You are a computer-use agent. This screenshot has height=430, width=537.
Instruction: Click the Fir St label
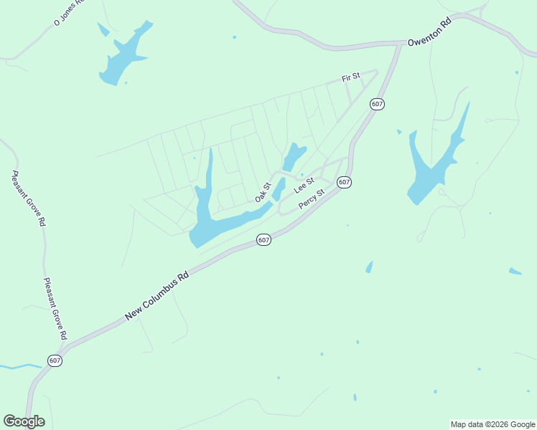pyautogui.click(x=350, y=77)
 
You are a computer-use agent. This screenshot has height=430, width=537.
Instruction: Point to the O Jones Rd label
pyautogui.click(x=69, y=13)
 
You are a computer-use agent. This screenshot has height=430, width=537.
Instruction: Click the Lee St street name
pyautogui.click(x=304, y=185)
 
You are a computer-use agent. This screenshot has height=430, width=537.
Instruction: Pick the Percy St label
pyautogui.click(x=312, y=199)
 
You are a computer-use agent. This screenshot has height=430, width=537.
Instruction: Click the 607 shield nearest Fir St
pyautogui.click(x=378, y=104)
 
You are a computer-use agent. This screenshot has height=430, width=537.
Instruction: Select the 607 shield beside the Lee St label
pyautogui.click(x=345, y=182)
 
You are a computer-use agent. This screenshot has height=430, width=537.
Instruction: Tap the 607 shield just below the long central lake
pyautogui.click(x=263, y=239)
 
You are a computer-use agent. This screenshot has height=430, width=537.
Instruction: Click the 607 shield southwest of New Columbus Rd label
pyautogui.click(x=55, y=360)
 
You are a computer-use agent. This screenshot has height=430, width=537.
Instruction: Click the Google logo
pyautogui.click(x=24, y=421)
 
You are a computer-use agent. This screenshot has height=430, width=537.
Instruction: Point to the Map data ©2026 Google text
pyautogui.click(x=493, y=424)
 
